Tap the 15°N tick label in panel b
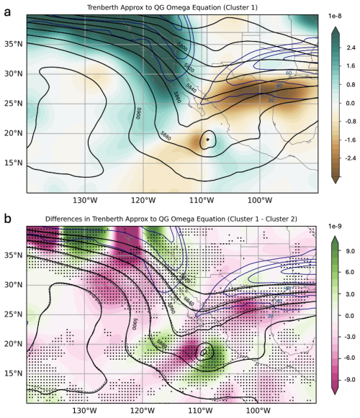click(x=14, y=374)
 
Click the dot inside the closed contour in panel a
click(x=207, y=139)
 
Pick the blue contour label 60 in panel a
click(x=289, y=73)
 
